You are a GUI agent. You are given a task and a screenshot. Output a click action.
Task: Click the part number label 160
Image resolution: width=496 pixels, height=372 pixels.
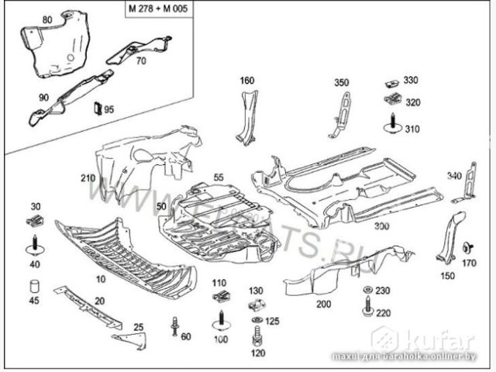coord(246,81)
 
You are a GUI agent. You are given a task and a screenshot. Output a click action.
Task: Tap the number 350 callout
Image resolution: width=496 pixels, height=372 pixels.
coord(342,81)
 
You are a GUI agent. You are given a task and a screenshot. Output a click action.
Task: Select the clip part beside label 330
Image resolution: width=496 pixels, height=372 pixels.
coord(391,82)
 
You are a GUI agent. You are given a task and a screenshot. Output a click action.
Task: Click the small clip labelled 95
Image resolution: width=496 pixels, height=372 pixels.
coord(98,108)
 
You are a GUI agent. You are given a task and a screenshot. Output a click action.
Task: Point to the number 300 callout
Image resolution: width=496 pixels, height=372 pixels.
coord(381,226)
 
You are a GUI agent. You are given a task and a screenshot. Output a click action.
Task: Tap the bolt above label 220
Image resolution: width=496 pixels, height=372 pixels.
coord(365,300)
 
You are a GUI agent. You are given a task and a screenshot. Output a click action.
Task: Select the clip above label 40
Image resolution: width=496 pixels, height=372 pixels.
coord(34,222)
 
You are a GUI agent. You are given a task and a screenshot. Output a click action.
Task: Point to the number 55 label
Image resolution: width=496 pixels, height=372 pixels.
coord(219,178)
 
